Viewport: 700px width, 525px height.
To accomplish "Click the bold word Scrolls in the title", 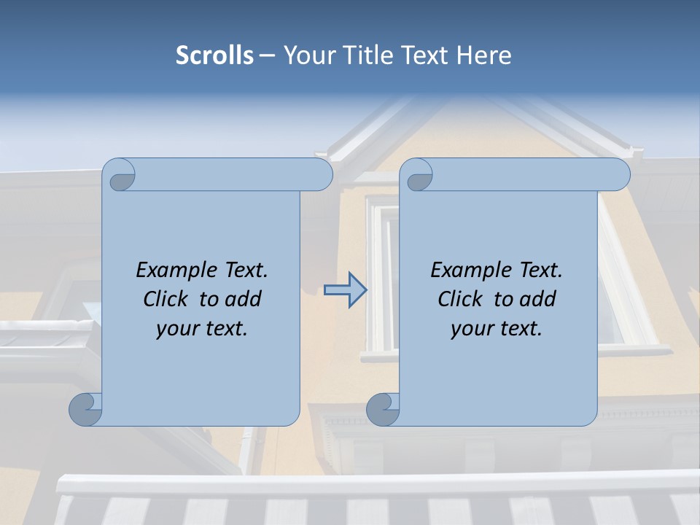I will (x=215, y=55).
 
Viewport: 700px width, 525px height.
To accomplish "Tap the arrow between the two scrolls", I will (x=346, y=290).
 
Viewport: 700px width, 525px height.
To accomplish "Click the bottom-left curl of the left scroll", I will (x=85, y=409).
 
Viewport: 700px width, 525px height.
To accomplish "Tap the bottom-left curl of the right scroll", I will (x=383, y=409).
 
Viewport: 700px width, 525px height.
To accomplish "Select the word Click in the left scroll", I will (x=166, y=299).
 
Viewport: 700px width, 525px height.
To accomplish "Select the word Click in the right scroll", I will (x=460, y=299).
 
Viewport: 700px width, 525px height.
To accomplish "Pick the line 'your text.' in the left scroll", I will (x=202, y=329).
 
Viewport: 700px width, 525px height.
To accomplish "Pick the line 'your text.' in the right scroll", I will (x=497, y=329).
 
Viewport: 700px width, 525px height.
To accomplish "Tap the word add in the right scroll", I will (x=537, y=299).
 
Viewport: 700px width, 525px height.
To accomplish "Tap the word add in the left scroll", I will (x=243, y=299).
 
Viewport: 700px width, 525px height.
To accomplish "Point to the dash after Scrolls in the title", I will (x=267, y=56).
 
